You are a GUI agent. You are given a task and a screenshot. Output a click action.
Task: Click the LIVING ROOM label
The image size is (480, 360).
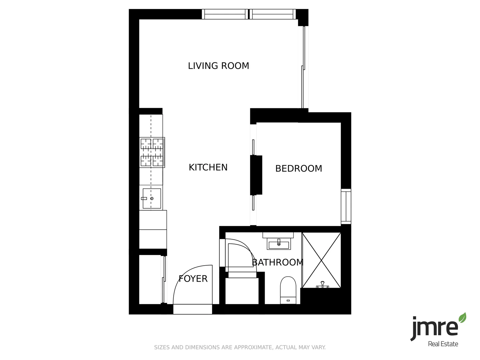click(x=218, y=66)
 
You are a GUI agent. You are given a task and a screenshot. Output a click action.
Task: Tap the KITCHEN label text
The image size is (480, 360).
click(x=208, y=167)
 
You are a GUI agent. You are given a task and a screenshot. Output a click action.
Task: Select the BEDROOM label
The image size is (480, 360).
click(x=299, y=169)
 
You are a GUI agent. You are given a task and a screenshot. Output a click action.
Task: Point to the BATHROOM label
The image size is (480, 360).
click(x=278, y=262)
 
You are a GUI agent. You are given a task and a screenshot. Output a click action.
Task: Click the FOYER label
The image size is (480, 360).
click(x=193, y=279)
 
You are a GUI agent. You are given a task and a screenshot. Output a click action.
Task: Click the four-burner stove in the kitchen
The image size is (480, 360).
click(x=152, y=152)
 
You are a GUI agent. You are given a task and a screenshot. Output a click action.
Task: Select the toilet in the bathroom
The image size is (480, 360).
click(x=288, y=290)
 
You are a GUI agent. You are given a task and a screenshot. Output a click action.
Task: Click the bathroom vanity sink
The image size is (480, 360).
click(x=278, y=244)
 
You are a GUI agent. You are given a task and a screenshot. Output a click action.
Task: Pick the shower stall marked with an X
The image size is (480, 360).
click(x=321, y=260)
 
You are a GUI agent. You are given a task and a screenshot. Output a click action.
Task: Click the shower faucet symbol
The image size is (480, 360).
click(x=322, y=285)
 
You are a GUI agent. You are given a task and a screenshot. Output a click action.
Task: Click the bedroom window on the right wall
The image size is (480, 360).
click(x=346, y=206)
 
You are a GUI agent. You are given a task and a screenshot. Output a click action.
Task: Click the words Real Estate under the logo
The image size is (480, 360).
click(x=443, y=344)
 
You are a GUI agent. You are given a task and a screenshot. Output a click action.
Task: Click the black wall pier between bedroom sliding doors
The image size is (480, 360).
click(x=256, y=175)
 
